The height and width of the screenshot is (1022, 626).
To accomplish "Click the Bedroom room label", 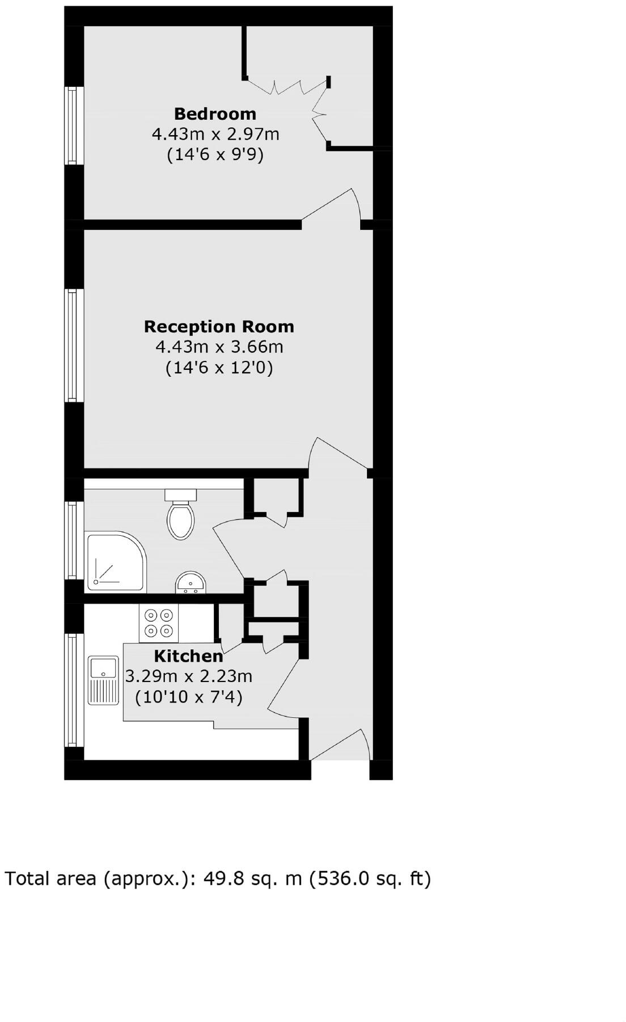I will [215, 113].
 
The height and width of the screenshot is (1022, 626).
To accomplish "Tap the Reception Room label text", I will [219, 326].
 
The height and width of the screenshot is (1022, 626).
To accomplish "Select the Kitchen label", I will [188, 656].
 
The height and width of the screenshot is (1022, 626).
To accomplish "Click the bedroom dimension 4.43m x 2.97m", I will [215, 134].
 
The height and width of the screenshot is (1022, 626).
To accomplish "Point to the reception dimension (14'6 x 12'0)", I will [219, 368].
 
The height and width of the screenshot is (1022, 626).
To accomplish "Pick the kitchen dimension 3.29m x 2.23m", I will [188, 676].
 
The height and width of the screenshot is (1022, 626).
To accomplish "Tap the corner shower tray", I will [115, 561].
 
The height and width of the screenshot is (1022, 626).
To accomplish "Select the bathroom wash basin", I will [190, 583].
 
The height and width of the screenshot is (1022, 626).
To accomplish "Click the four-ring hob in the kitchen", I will [159, 623].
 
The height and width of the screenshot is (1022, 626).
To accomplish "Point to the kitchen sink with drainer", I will [103, 680].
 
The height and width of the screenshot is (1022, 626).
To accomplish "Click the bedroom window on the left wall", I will [73, 125].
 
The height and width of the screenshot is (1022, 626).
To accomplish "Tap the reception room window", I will [73, 345].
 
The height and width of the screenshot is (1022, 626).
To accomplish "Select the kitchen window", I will [73, 690].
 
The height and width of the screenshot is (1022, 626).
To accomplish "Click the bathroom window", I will [73, 540].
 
